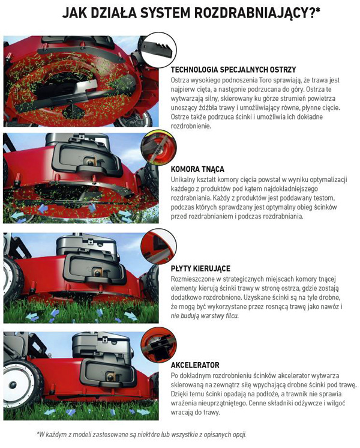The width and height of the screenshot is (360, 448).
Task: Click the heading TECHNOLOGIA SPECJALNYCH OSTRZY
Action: [x=233, y=70]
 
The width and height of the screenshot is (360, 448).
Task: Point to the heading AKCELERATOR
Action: [x=195, y=365]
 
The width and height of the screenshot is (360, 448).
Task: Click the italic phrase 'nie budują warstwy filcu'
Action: [x=204, y=315]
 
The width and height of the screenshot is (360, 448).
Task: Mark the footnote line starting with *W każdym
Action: [x=141, y=434]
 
